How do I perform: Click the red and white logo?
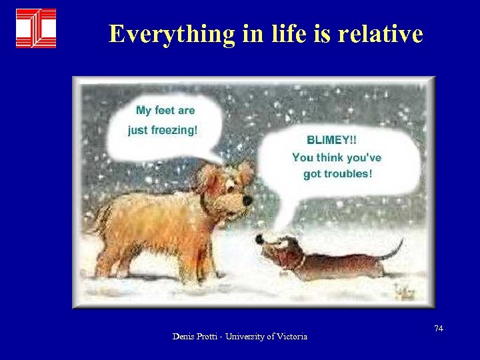coord(36,28)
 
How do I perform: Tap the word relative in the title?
coord(381,33)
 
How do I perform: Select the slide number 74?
coord(438,329)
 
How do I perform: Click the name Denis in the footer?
coord(183,337)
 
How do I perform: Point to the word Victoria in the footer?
coord(291,337)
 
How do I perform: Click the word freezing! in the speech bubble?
coord(173,130)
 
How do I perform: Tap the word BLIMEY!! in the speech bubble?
coord(331,141)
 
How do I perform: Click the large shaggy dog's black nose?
coord(247,199)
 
